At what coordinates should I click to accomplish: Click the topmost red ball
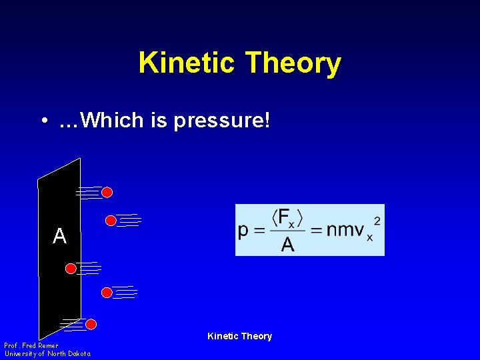(x=107, y=192)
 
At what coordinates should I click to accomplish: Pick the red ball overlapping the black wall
(x=71, y=268)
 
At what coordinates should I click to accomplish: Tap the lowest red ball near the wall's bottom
(x=91, y=324)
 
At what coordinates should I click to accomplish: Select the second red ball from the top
(x=111, y=220)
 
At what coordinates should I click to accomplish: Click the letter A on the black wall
(x=59, y=236)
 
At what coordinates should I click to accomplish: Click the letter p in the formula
(x=244, y=231)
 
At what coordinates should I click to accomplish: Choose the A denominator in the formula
(x=287, y=245)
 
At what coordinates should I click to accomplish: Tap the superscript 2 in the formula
(x=377, y=219)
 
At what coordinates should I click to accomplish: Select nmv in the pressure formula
(x=345, y=231)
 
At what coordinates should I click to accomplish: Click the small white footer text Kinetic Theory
(x=239, y=336)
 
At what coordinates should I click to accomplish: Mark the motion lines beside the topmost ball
(x=89, y=192)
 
